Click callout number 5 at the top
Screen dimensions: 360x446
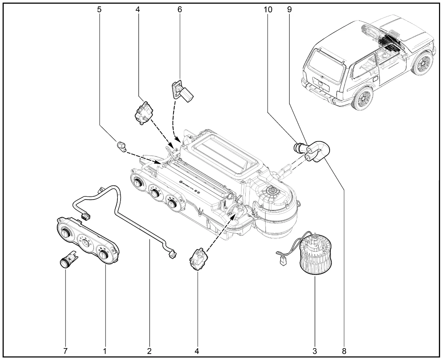coord(100,10)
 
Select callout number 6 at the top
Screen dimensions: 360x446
coord(179,10)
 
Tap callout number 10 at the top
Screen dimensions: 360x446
coord(268,10)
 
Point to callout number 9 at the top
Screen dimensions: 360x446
coord(289,10)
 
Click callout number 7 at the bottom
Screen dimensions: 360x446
coord(66,351)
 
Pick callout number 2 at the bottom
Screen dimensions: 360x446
coord(149,351)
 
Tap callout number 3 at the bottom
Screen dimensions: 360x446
coord(315,351)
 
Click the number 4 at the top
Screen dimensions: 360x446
coord(138,10)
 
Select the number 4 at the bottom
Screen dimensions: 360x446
coord(198,351)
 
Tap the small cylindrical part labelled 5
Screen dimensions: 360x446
coord(121,146)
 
